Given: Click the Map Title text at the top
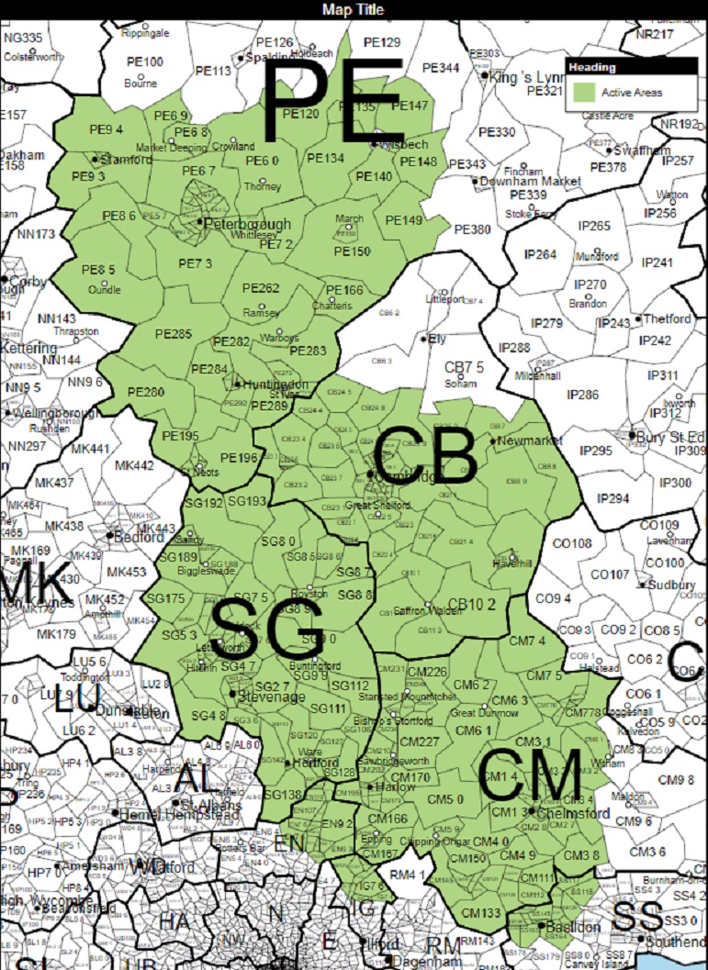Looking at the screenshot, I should click(354, 9).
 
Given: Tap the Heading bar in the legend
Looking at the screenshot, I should click(631, 67).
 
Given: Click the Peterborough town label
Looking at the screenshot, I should click(246, 224).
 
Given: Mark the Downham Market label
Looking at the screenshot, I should click(545, 181).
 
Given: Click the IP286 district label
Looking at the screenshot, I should click(582, 395).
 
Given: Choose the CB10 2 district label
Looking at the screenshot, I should click(477, 604).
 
